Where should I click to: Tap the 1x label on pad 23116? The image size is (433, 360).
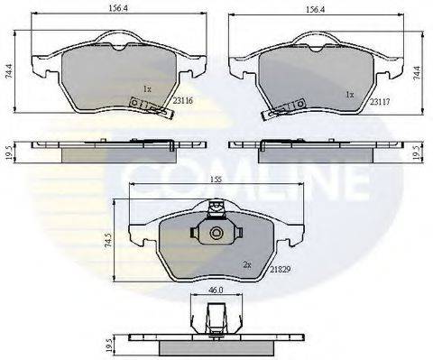pos(146,88)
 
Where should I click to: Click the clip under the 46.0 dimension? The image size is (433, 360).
pos(214,321)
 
